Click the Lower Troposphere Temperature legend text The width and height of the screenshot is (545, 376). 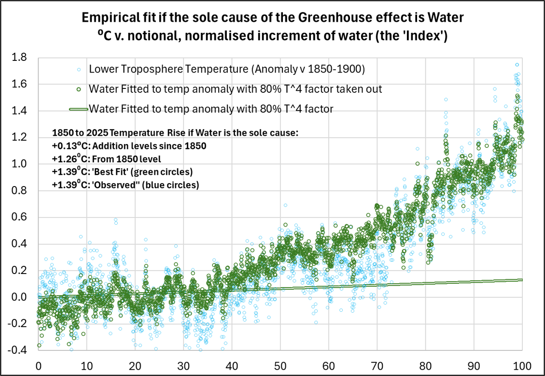(x=226, y=70)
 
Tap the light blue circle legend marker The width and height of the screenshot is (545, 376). (x=80, y=70)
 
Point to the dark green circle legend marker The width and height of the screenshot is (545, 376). (x=80, y=89)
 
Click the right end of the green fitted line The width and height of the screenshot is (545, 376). (x=522, y=280)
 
